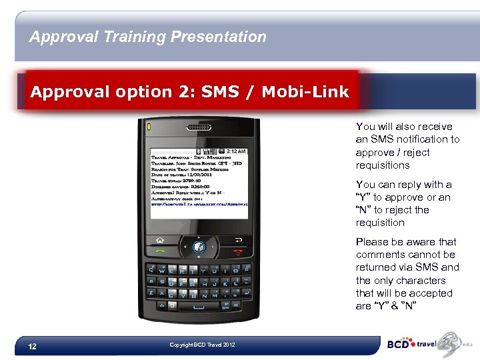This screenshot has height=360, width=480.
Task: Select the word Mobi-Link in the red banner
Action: coord(305,92)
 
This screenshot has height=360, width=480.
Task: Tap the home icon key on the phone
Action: coord(160,240)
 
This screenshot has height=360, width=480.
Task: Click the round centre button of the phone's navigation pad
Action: coord(198,247)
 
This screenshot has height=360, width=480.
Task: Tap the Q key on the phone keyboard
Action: coord(152,270)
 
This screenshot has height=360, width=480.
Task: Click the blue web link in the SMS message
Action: coord(198,205)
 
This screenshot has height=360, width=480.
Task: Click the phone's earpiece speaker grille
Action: coord(198,127)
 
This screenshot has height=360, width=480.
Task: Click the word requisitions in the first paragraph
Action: coord(383,165)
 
